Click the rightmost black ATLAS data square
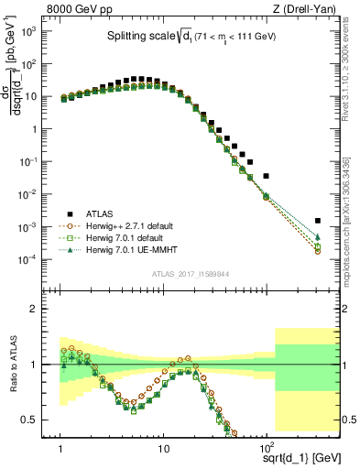pos(317,221)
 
